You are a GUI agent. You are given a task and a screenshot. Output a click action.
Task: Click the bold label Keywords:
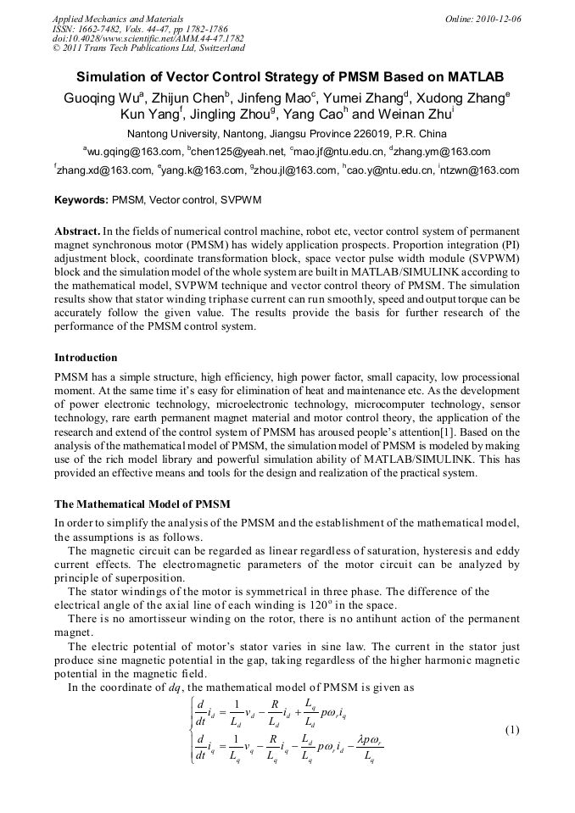[x=81, y=201]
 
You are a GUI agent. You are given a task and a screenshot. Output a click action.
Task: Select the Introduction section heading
[x=86, y=358]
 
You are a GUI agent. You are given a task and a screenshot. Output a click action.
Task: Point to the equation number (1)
[x=511, y=730]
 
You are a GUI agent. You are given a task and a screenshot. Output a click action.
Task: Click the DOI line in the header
[x=148, y=39]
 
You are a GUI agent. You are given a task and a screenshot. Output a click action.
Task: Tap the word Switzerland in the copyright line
[x=217, y=49]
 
